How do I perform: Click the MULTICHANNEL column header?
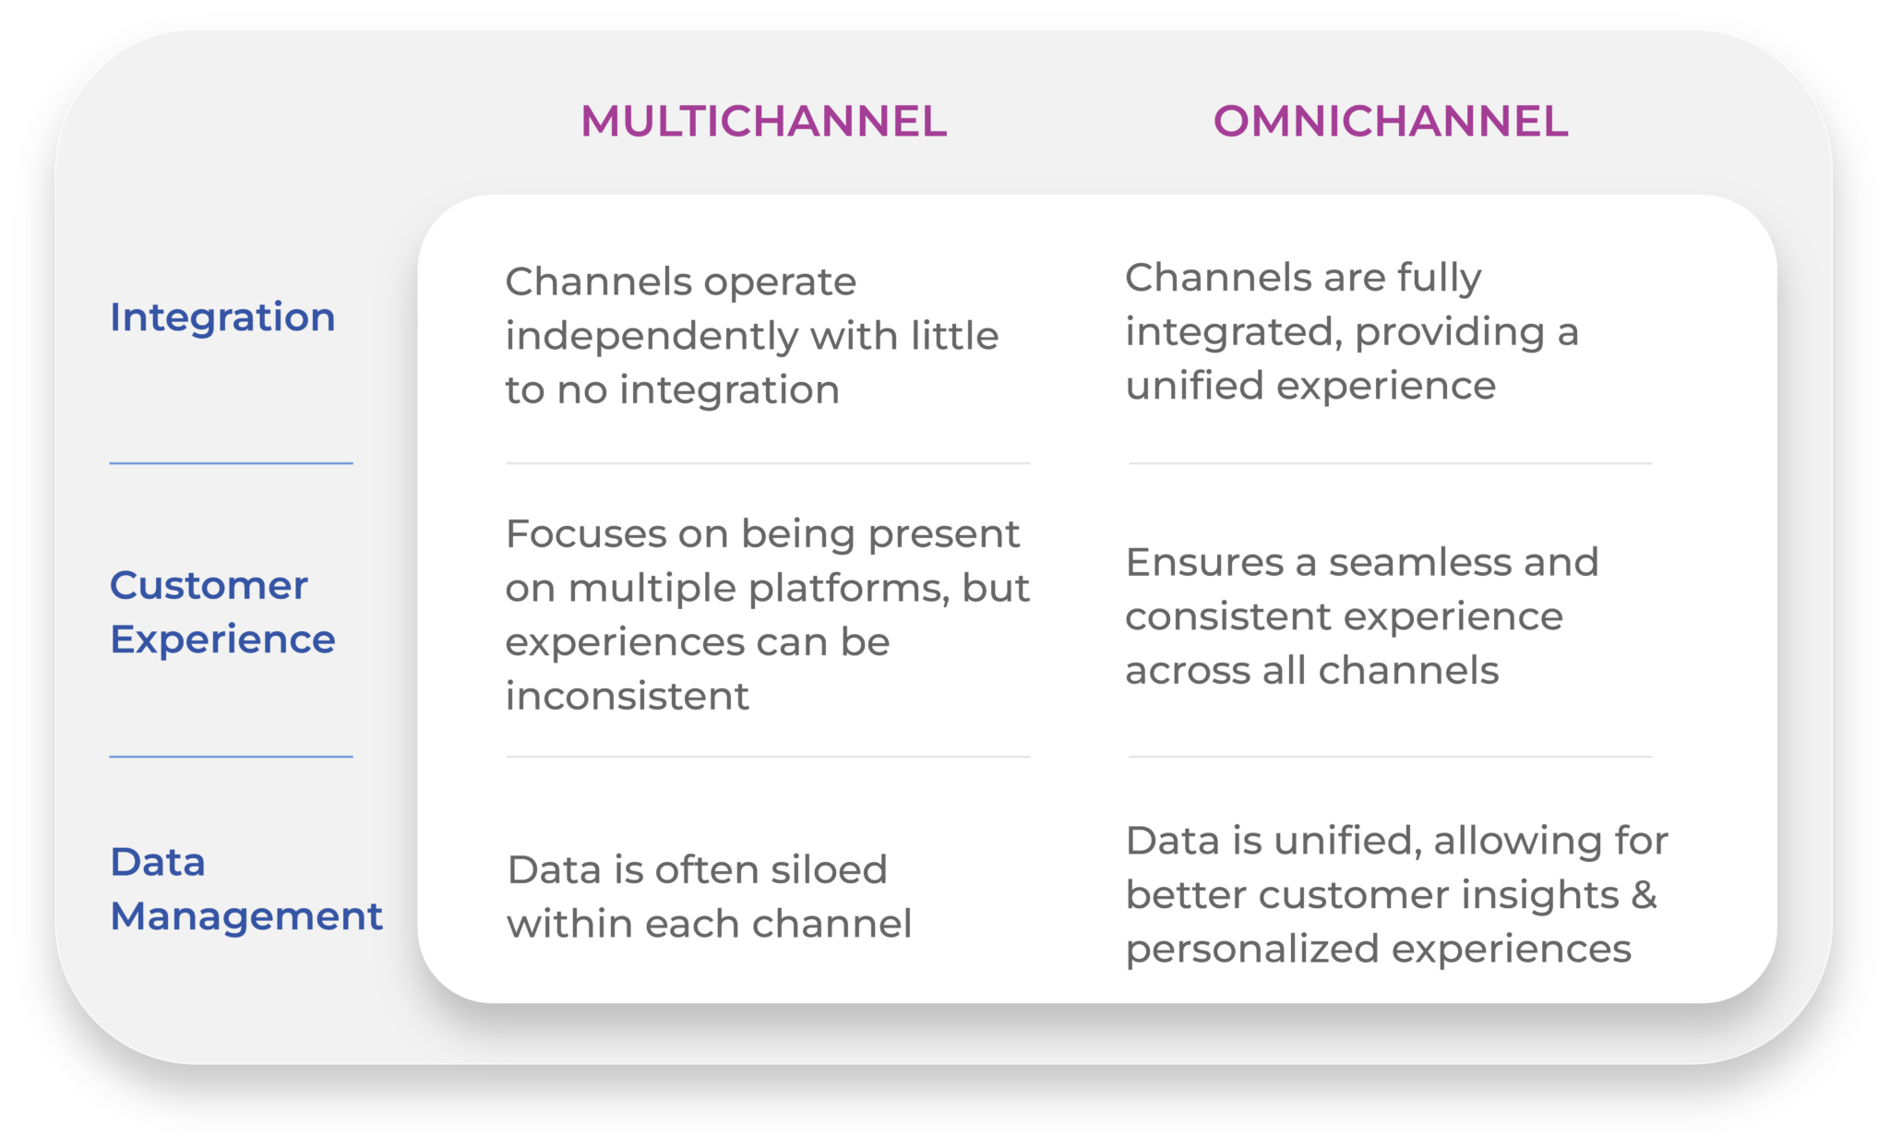click(x=763, y=122)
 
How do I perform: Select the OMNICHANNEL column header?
click(x=1390, y=122)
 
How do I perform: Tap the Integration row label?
click(x=222, y=317)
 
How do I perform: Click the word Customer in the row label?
click(x=209, y=586)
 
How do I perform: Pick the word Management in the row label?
click(x=245, y=916)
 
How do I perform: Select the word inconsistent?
click(x=627, y=696)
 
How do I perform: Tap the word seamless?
click(x=1418, y=562)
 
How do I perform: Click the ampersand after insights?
click(x=1644, y=895)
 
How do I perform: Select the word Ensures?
click(x=1204, y=562)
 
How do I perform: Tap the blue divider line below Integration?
click(x=231, y=463)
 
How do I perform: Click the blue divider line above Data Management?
click(x=231, y=757)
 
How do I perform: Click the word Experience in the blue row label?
click(x=222, y=640)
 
